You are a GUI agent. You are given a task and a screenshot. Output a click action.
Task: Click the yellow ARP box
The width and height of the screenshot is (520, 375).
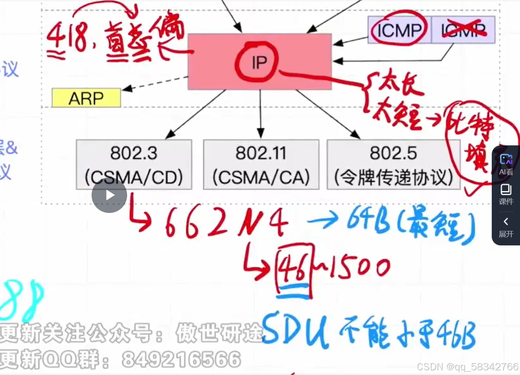tap(86, 98)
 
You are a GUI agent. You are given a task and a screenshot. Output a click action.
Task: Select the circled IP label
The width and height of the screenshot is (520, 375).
tap(259, 62)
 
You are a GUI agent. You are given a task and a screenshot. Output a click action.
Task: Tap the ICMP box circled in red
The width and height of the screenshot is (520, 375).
tap(399, 30)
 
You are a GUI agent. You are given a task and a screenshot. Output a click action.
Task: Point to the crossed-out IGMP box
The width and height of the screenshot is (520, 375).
tap(463, 30)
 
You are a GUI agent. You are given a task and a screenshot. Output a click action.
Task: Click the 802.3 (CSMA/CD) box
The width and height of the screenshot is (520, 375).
tap(134, 165)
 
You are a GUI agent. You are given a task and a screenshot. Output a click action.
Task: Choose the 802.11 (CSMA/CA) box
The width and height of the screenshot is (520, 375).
tap(261, 165)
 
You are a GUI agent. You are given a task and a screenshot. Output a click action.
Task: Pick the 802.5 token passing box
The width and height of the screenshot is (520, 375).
tap(393, 165)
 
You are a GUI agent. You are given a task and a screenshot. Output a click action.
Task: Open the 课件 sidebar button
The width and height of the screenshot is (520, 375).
tap(506, 194)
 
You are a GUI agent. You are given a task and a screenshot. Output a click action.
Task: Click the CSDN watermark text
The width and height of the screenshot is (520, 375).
tap(467, 367)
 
